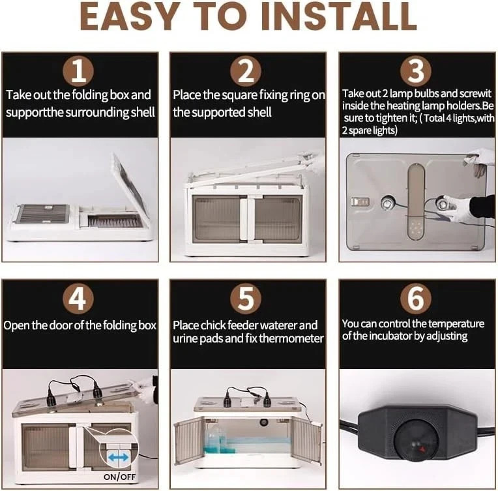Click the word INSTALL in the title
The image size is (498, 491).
pos(339,16)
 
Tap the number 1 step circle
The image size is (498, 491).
pos(78,71)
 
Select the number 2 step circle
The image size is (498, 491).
pos(246,71)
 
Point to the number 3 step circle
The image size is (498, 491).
pos(416,71)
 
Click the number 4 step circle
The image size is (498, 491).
pos(78,299)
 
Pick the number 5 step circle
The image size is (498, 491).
pos(246,299)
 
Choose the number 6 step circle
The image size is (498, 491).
pos(416,299)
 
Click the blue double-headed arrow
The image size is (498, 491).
pos(119,458)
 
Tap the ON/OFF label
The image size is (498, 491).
pos(119,477)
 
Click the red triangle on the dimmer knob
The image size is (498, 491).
pos(423,449)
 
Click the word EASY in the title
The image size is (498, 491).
pos(128,16)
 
